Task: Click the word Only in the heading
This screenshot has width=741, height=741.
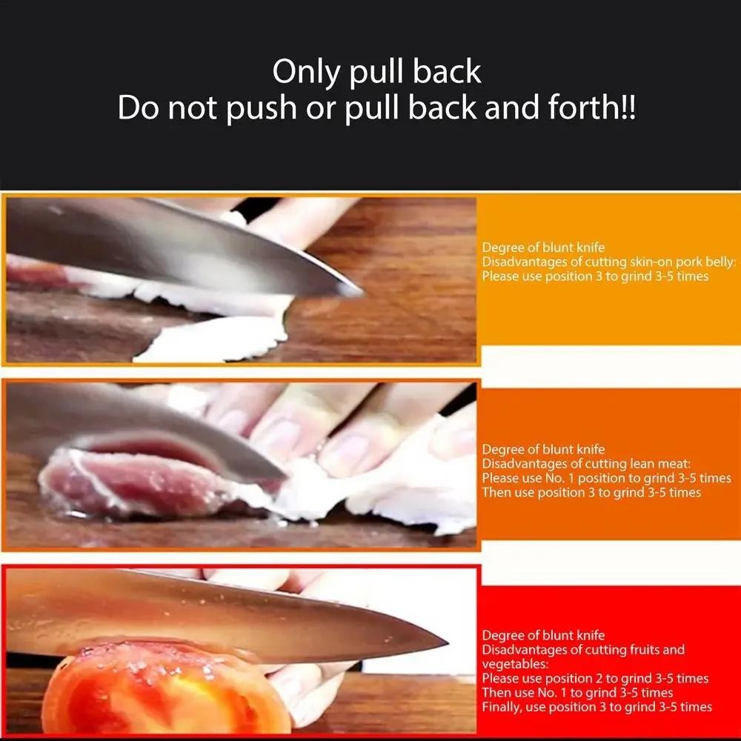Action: pos(302,72)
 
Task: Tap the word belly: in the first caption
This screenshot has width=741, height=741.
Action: pos(717,262)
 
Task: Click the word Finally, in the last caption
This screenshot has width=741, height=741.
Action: pos(505,707)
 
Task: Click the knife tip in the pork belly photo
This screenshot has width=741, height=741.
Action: pos(360,292)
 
